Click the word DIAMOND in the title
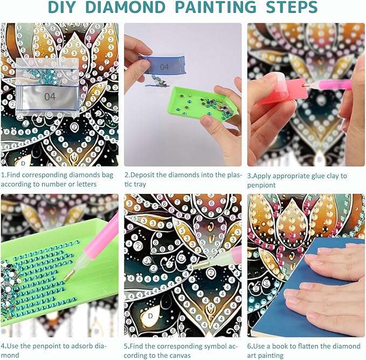pos(126,7)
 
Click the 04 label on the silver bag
pos(50,96)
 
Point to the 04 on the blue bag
pos(164,67)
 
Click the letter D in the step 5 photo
pos(150,316)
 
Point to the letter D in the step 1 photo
pos(23,163)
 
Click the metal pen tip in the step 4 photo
pos(68,275)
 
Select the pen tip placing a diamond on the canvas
pos(201,265)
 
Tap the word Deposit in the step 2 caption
pos(141,175)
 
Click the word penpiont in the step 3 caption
pos(261,185)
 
